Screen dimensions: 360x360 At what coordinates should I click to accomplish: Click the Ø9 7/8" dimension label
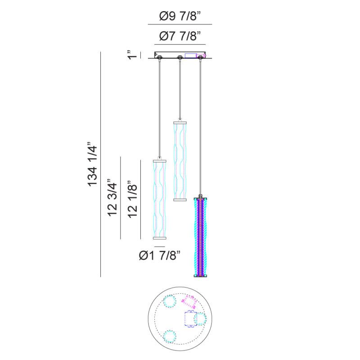(x=180, y=16)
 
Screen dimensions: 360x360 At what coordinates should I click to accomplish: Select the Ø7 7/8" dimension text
(x=180, y=36)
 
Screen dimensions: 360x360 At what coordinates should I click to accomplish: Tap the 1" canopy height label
(x=133, y=54)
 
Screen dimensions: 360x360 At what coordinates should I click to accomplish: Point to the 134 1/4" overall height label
(x=93, y=165)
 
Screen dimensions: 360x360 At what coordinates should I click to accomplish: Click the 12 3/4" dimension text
(x=113, y=197)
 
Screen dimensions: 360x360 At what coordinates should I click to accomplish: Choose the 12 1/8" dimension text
(x=133, y=199)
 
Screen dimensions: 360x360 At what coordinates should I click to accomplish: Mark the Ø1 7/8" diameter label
(x=160, y=255)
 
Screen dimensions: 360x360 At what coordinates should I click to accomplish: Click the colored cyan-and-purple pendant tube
(x=201, y=238)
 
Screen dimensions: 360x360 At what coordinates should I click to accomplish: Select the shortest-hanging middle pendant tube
(x=180, y=162)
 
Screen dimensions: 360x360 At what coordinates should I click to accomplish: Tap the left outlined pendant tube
(x=160, y=199)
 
